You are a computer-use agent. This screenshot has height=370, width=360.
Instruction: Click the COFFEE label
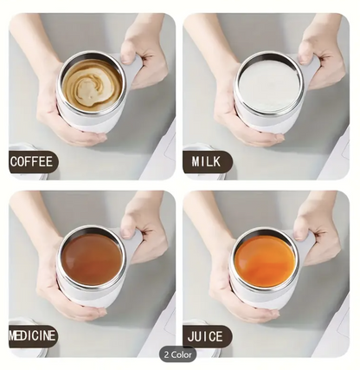click(x=32, y=161)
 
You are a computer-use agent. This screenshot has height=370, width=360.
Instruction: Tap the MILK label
click(x=207, y=161)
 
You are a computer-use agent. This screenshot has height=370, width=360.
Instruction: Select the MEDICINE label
click(x=33, y=336)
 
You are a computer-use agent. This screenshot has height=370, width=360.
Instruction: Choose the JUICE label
click(x=205, y=336)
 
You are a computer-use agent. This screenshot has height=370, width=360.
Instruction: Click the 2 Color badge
click(x=177, y=354)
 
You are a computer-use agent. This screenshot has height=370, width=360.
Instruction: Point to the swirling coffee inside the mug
click(x=92, y=84)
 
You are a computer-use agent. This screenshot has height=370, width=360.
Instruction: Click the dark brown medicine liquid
click(x=92, y=258)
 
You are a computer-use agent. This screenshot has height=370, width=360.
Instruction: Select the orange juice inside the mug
click(x=265, y=261)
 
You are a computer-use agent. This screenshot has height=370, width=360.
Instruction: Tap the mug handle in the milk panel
click(x=309, y=69)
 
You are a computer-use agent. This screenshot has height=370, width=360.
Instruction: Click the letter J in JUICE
click(x=190, y=337)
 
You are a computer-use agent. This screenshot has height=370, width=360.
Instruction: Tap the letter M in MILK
click(x=196, y=161)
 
